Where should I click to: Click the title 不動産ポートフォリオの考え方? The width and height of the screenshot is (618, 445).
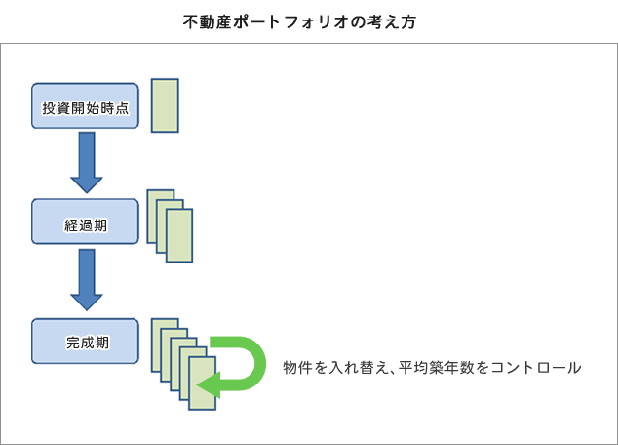pyautogui.click(x=299, y=21)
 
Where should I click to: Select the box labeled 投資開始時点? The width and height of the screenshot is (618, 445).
pyautogui.click(x=85, y=105)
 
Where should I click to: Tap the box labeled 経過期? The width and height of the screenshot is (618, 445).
pyautogui.click(x=85, y=222)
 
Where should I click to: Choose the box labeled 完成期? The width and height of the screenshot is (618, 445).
pyautogui.click(x=85, y=342)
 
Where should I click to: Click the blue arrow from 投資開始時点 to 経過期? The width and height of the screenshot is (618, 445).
pyautogui.click(x=87, y=163)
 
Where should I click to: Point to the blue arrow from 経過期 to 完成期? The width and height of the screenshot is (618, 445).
pyautogui.click(x=87, y=280)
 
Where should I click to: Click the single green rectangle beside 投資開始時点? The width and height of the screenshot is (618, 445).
pyautogui.click(x=165, y=105)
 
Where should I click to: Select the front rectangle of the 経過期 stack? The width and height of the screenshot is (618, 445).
pyautogui.click(x=179, y=235)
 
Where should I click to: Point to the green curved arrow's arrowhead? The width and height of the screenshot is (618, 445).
pyautogui.click(x=208, y=385)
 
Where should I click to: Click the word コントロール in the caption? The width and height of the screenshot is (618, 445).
pyautogui.click(x=536, y=368)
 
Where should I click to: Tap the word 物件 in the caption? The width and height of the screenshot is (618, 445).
pyautogui.click(x=298, y=368)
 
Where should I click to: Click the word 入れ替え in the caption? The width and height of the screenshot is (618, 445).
pyautogui.click(x=359, y=368)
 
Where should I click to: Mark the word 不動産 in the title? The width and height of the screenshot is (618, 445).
pyautogui.click(x=208, y=22)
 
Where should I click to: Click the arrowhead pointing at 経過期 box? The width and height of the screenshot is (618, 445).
pyautogui.click(x=87, y=185)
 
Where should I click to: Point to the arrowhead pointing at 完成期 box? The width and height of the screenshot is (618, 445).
pyautogui.click(x=87, y=303)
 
